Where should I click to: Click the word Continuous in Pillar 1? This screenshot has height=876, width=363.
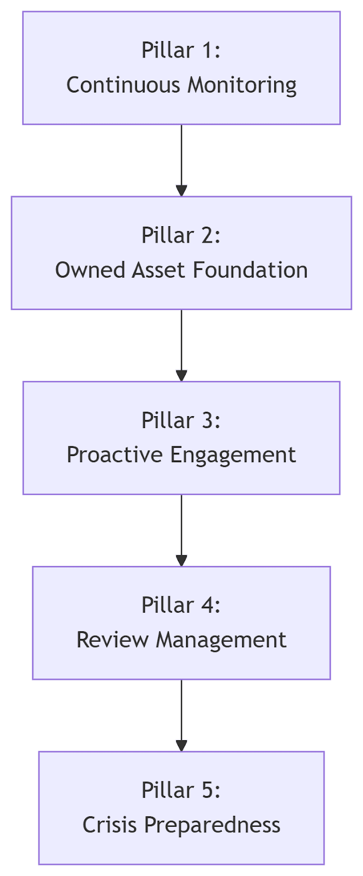(x=123, y=85)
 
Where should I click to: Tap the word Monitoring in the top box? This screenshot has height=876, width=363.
(x=242, y=85)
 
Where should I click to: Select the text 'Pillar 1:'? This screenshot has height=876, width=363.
(x=181, y=50)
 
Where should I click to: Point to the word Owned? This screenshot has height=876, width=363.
(x=90, y=270)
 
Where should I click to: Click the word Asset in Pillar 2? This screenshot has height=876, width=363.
(x=158, y=270)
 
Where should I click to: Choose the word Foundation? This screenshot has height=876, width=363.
(x=250, y=270)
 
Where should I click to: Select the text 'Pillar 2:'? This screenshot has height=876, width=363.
(x=181, y=235)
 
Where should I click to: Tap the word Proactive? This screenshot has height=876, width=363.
(x=114, y=455)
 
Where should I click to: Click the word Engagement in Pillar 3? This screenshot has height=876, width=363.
(x=233, y=456)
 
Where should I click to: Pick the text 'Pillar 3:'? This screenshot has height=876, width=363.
(x=181, y=420)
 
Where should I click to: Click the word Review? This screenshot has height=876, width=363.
(x=113, y=640)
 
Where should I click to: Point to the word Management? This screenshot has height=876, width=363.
(x=221, y=641)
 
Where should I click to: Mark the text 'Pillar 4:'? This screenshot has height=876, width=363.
(x=181, y=606)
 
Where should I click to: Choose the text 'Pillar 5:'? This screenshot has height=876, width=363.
(x=181, y=791)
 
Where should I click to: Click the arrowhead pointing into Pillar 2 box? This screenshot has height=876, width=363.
(x=182, y=191)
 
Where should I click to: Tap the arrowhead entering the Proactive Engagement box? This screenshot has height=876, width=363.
(x=182, y=376)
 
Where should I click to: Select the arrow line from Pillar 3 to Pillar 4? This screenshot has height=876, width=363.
(x=182, y=531)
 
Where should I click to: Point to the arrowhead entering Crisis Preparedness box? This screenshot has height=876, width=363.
(x=182, y=746)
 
